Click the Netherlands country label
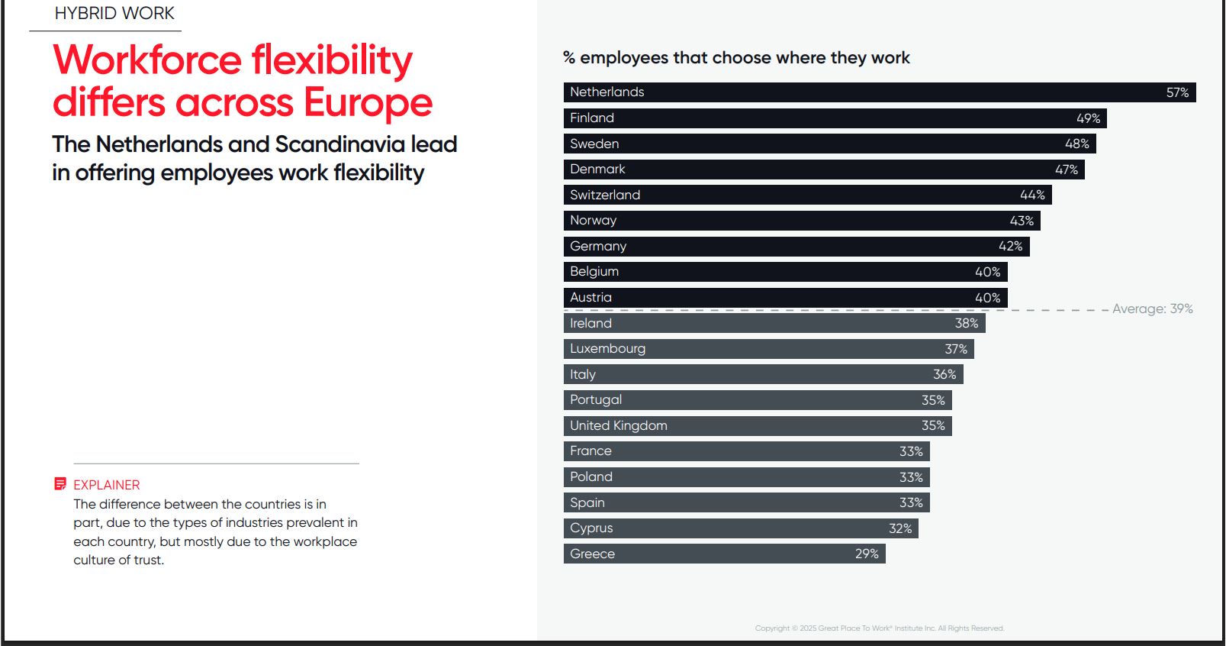coord(607,92)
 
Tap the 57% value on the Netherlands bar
coord(1177,92)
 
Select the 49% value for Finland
coord(1088,118)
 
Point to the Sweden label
coord(594,144)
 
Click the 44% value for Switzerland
coord(1032,195)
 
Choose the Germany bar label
coord(598,246)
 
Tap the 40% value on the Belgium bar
coord(987,272)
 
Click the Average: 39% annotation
coord(1152,308)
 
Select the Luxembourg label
coord(607,348)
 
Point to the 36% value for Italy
coord(944,374)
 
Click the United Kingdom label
coord(618,425)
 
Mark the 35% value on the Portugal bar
coord(933,400)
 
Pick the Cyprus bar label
coord(591,528)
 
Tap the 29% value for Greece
coord(867,554)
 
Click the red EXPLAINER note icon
coord(60,483)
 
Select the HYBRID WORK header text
coord(114,13)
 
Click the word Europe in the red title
coord(368,102)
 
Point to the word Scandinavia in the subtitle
coord(339,144)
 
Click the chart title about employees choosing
coord(736,58)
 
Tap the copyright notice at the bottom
coord(879,628)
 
